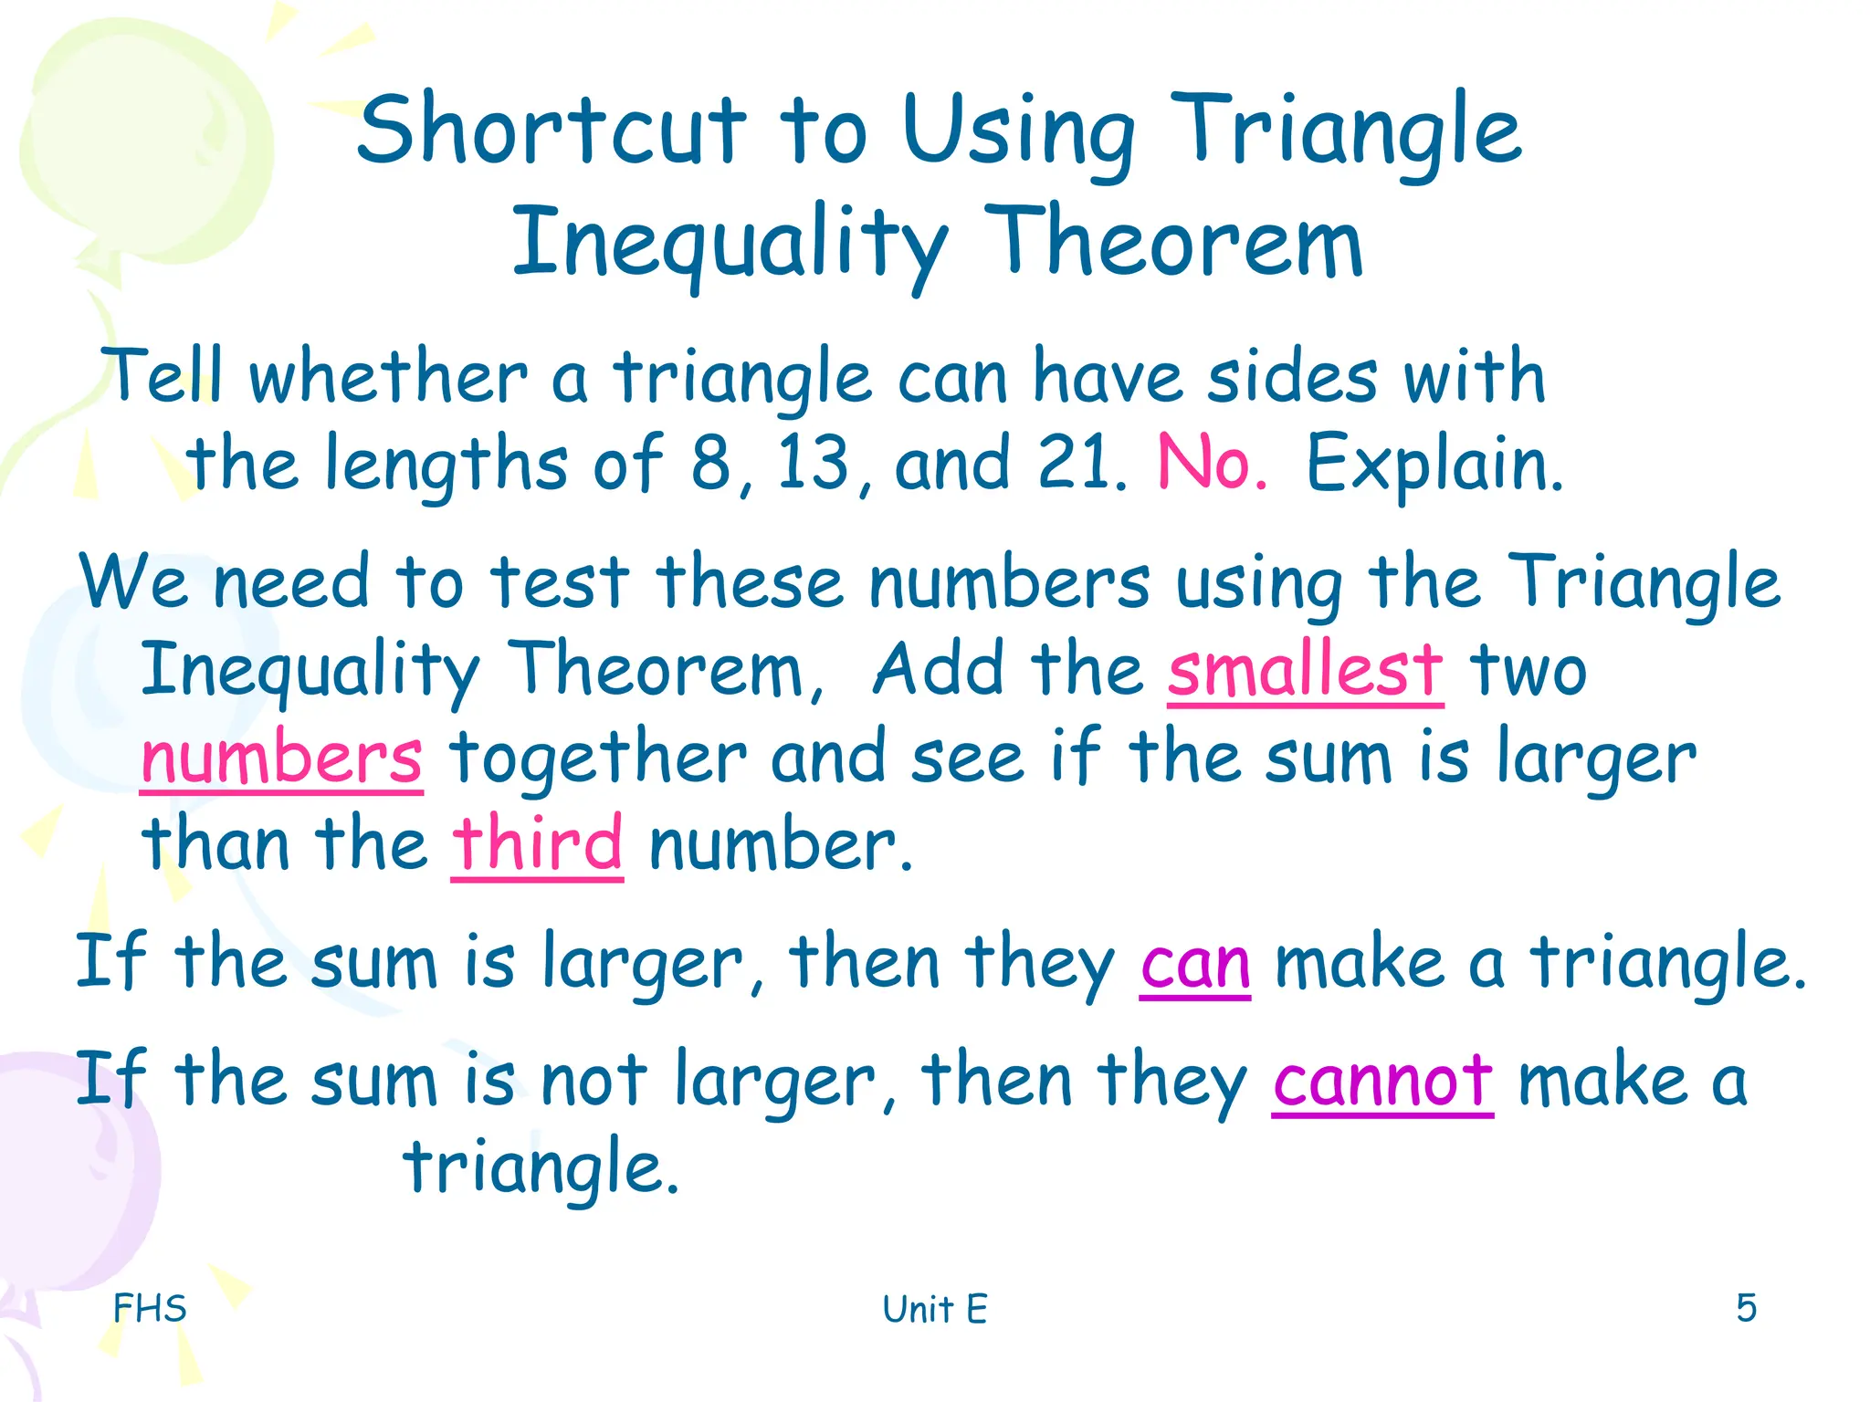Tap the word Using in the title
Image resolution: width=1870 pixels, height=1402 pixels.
(1017, 134)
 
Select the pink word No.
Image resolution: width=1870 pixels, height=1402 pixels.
(1212, 463)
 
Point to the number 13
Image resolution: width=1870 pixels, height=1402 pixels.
(814, 463)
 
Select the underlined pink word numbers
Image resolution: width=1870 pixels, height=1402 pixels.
(281, 758)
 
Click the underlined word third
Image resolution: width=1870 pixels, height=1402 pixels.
(537, 843)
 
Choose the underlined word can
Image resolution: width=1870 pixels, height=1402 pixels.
(1195, 964)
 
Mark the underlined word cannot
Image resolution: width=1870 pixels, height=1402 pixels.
(1382, 1081)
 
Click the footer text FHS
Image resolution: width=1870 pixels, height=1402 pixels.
(150, 1308)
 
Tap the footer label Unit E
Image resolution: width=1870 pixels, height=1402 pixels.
(935, 1309)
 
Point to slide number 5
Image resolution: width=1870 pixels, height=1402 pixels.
(1746, 1307)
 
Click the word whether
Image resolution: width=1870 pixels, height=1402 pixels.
(389, 377)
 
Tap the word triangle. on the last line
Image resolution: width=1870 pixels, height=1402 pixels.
(542, 1167)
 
